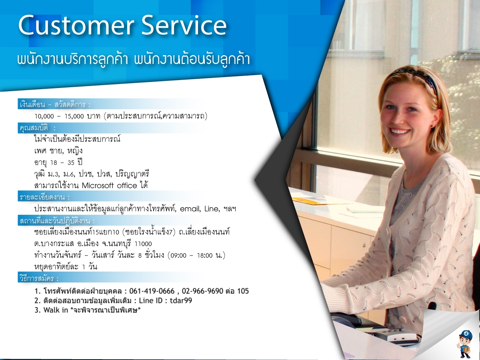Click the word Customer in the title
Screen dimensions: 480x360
point(76,25)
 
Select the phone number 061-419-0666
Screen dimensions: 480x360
point(152,291)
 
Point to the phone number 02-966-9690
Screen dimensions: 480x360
point(202,291)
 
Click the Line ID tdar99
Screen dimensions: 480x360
point(181,300)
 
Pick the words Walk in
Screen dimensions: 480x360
point(56,310)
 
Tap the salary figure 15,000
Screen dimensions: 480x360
point(74,116)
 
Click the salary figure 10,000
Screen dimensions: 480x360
point(44,116)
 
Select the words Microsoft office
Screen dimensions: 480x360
point(109,186)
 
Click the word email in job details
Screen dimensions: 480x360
point(190,209)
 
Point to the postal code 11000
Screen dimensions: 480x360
point(143,244)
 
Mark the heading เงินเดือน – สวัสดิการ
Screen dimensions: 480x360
point(55,104)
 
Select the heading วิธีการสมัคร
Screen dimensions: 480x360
point(39,278)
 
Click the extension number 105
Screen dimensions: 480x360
point(243,291)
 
